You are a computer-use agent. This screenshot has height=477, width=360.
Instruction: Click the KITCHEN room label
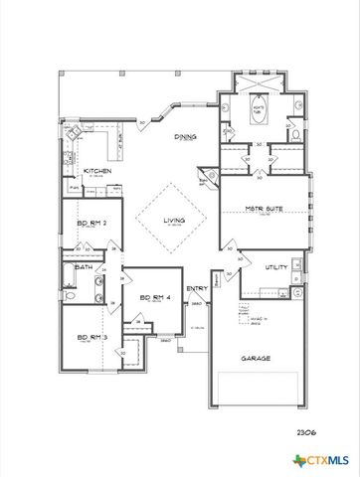[96, 172]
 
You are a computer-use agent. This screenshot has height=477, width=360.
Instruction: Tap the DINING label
[186, 138]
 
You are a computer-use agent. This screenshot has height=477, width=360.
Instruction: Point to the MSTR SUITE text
[264, 210]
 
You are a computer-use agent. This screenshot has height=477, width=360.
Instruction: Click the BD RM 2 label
[91, 224]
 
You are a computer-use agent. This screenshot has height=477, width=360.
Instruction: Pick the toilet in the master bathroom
[296, 132]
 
